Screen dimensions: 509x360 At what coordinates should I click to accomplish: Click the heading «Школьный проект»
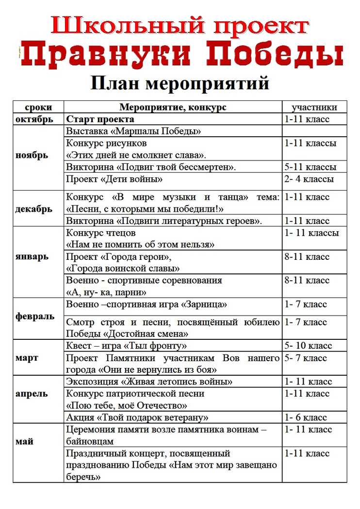coord(180,25)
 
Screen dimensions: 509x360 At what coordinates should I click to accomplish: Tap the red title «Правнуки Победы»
coord(180,55)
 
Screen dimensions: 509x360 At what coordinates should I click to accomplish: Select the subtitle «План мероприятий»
coord(180,83)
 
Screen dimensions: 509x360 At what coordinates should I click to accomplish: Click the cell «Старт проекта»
coord(100,119)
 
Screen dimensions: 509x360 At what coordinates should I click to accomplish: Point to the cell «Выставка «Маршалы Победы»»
coord(133,131)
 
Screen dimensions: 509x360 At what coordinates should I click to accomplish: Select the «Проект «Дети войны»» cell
coord(114,179)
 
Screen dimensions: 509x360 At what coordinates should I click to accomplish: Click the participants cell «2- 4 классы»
coord(309,179)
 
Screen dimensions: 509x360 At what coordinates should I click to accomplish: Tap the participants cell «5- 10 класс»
coord(308,346)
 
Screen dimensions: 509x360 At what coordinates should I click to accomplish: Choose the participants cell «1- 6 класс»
coord(306,417)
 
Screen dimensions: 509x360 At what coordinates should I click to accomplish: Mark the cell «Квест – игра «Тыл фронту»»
coord(126,346)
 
